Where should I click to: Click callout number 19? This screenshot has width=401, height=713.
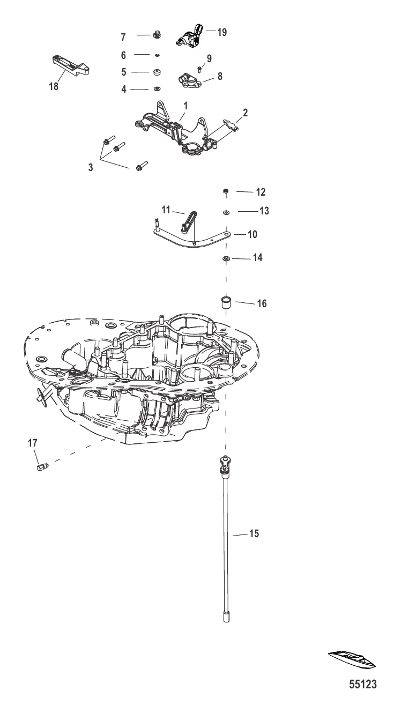[222, 32]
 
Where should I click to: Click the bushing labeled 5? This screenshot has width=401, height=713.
[157, 71]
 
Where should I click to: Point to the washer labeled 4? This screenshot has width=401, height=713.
[157, 89]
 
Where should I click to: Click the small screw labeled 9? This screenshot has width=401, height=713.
[199, 68]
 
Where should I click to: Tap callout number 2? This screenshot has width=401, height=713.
[245, 113]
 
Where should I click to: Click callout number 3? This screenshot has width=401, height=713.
[91, 167]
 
